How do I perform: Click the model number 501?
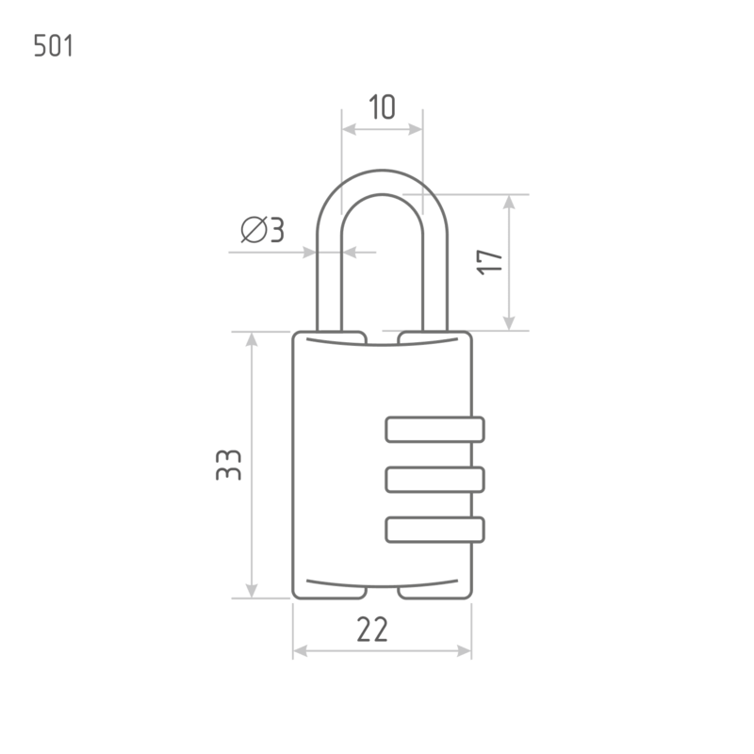tap(54, 46)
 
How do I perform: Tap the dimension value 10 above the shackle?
tap(383, 107)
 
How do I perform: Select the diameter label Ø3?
tap(263, 229)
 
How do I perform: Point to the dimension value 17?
tap(489, 262)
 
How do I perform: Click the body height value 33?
tap(228, 465)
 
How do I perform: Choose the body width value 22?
tap(372, 630)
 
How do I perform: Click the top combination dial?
tap(434, 430)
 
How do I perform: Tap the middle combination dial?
tap(434, 480)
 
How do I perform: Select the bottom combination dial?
tap(434, 530)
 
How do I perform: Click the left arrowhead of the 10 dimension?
tap(349, 129)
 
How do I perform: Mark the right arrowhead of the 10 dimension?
tap(416, 129)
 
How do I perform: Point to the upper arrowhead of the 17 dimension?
tap(509, 202)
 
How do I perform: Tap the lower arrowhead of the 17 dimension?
tap(509, 323)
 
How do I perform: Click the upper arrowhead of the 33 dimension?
tap(252, 339)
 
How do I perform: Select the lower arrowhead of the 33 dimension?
tap(252, 591)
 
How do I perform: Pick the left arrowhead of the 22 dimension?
tap(301, 651)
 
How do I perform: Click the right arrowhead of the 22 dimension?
tap(464, 651)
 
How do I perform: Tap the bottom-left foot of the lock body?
tap(330, 593)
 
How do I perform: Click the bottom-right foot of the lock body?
tap(434, 593)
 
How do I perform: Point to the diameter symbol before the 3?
tap(254, 229)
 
